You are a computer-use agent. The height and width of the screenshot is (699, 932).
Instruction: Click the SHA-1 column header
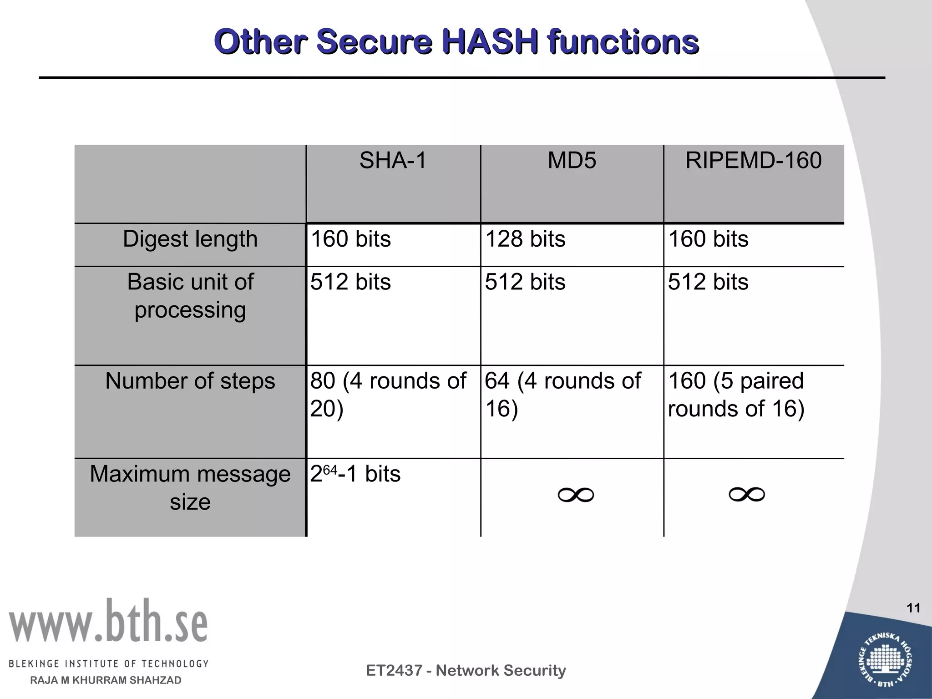tap(393, 161)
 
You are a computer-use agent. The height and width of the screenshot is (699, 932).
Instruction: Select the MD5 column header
tap(572, 161)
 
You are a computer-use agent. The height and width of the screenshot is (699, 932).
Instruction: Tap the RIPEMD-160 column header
tap(754, 161)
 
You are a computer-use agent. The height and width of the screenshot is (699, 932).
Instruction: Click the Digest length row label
tap(190, 239)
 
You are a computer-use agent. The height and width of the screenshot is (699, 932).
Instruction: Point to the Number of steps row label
tap(190, 381)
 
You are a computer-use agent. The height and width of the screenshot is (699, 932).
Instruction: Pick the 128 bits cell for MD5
tap(525, 239)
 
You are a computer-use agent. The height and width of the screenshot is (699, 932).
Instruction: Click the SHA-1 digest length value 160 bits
tap(350, 239)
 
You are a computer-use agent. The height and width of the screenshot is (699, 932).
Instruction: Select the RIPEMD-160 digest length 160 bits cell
tap(708, 239)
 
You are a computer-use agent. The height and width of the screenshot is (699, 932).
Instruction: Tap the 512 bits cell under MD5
tap(525, 282)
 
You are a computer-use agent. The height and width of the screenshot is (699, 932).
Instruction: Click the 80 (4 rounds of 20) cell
tap(388, 395)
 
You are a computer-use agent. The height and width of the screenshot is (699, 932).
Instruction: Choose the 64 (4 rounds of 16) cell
tap(562, 395)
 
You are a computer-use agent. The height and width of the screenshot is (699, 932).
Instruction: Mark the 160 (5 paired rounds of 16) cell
tap(736, 395)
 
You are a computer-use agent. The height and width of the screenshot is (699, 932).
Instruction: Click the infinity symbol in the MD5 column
tap(576, 495)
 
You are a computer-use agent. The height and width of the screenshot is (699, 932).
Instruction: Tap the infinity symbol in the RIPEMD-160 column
tap(747, 495)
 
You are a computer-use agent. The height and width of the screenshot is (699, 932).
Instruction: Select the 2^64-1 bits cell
tap(355, 474)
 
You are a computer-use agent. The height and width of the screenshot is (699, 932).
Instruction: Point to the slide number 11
tap(913, 608)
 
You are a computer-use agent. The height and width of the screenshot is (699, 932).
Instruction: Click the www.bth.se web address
tap(108, 622)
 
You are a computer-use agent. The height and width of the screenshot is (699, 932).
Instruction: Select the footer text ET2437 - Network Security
tap(466, 670)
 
